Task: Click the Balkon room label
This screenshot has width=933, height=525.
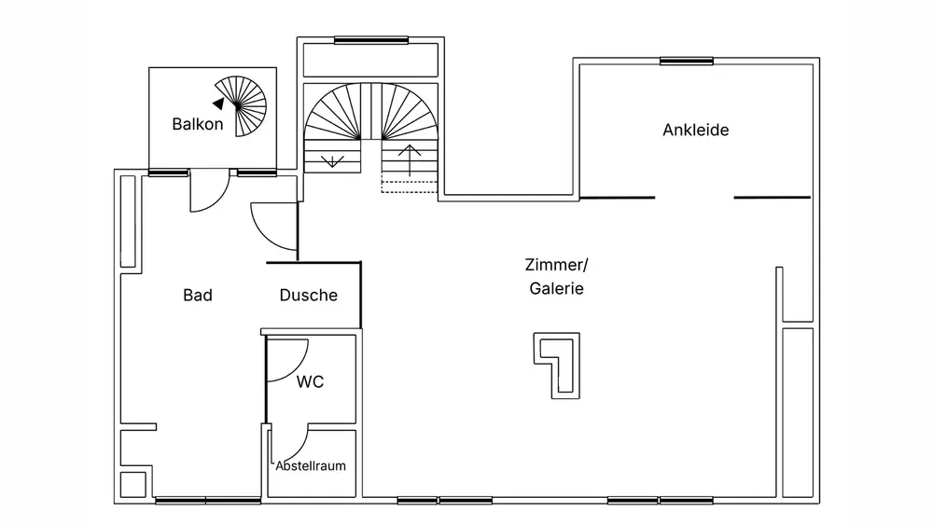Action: (x=198, y=124)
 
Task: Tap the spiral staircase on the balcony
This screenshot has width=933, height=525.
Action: (x=246, y=105)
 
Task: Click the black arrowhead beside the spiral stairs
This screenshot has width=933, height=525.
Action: (x=217, y=104)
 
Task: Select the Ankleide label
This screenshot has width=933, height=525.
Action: (x=695, y=130)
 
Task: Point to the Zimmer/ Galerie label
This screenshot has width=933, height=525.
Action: (x=556, y=276)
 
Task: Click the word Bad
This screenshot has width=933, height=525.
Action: (x=198, y=296)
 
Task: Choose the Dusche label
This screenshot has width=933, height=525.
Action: (x=308, y=296)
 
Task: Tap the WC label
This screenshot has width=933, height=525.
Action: (x=310, y=381)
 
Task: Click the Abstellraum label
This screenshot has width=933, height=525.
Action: (x=311, y=465)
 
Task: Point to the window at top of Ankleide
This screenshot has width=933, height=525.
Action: (x=687, y=62)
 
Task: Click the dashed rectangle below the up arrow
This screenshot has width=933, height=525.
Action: (x=409, y=185)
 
